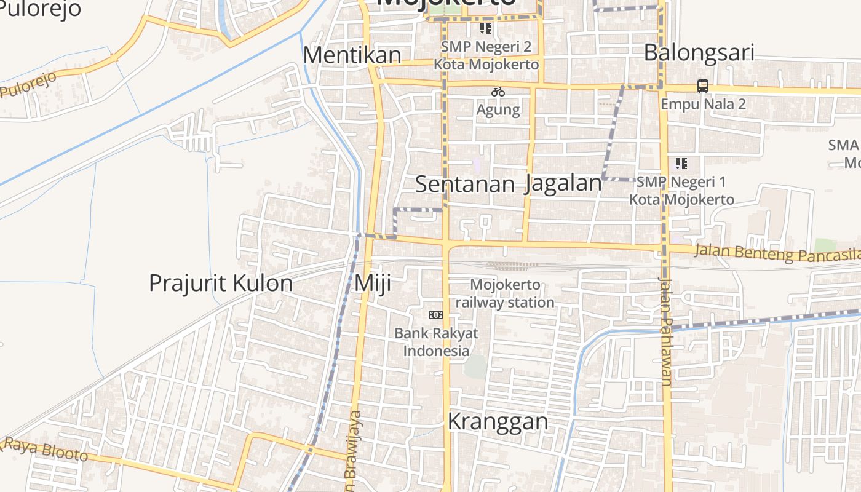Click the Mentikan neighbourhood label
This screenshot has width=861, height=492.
[352, 55]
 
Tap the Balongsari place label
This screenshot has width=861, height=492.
[699, 52]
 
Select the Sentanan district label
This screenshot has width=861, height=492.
[465, 184]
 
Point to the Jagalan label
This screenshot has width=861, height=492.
[563, 184]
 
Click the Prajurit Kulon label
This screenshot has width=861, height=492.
[221, 283]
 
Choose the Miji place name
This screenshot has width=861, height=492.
[373, 284]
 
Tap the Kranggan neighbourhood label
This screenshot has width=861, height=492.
[498, 422]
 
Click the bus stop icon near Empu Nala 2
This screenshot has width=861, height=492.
[703, 86]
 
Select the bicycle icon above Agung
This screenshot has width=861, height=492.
[498, 92]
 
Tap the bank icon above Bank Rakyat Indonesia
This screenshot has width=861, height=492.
[436, 315]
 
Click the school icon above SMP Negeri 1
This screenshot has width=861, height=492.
[681, 164]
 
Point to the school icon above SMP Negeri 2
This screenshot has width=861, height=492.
[486, 28]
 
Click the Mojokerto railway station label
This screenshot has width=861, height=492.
[505, 293]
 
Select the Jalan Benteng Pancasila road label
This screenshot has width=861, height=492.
[777, 253]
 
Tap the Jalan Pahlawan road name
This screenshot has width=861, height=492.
[666, 332]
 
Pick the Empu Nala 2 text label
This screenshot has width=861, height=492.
[703, 104]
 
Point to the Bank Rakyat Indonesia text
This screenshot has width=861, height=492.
[436, 342]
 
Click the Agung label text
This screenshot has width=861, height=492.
[498, 110]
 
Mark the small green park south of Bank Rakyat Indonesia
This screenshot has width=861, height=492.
[475, 367]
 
